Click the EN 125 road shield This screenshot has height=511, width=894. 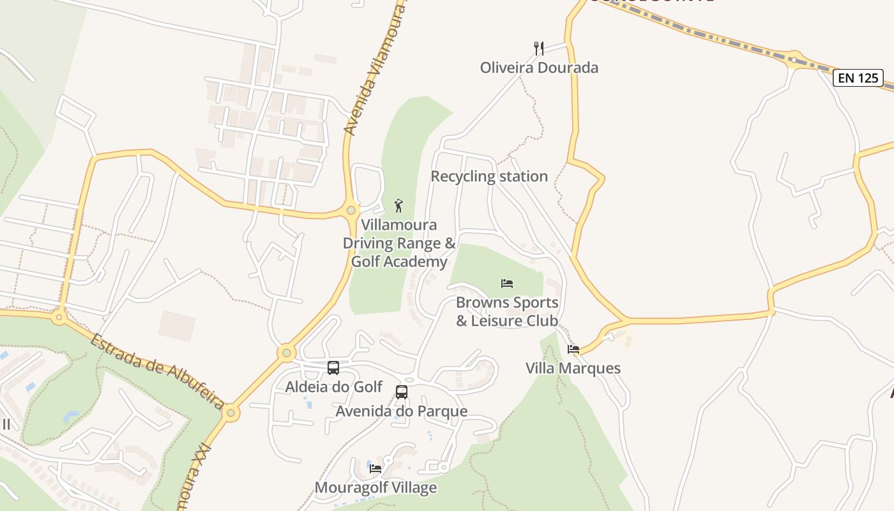[x=858, y=79]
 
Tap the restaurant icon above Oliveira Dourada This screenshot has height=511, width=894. [x=539, y=48]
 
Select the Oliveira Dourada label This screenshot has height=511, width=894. [x=539, y=68]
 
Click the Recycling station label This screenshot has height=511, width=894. [x=489, y=176]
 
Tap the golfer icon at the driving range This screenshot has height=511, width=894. [x=399, y=206]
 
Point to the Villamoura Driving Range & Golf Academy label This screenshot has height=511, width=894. [x=399, y=243]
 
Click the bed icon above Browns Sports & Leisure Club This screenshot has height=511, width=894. [x=507, y=283]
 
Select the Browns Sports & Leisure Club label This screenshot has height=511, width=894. [x=507, y=312]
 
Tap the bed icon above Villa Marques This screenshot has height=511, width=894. [x=573, y=349]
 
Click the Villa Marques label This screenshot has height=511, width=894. [x=573, y=369]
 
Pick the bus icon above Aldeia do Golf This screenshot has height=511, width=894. [x=333, y=368]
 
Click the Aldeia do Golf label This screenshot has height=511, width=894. [x=333, y=387]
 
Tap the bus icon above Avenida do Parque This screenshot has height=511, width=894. [x=402, y=392]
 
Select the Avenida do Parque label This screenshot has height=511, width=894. [x=402, y=411]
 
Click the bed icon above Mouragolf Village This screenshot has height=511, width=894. [x=375, y=469]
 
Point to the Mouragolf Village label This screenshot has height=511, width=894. [x=375, y=488]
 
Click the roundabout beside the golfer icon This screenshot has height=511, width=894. [x=351, y=210]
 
